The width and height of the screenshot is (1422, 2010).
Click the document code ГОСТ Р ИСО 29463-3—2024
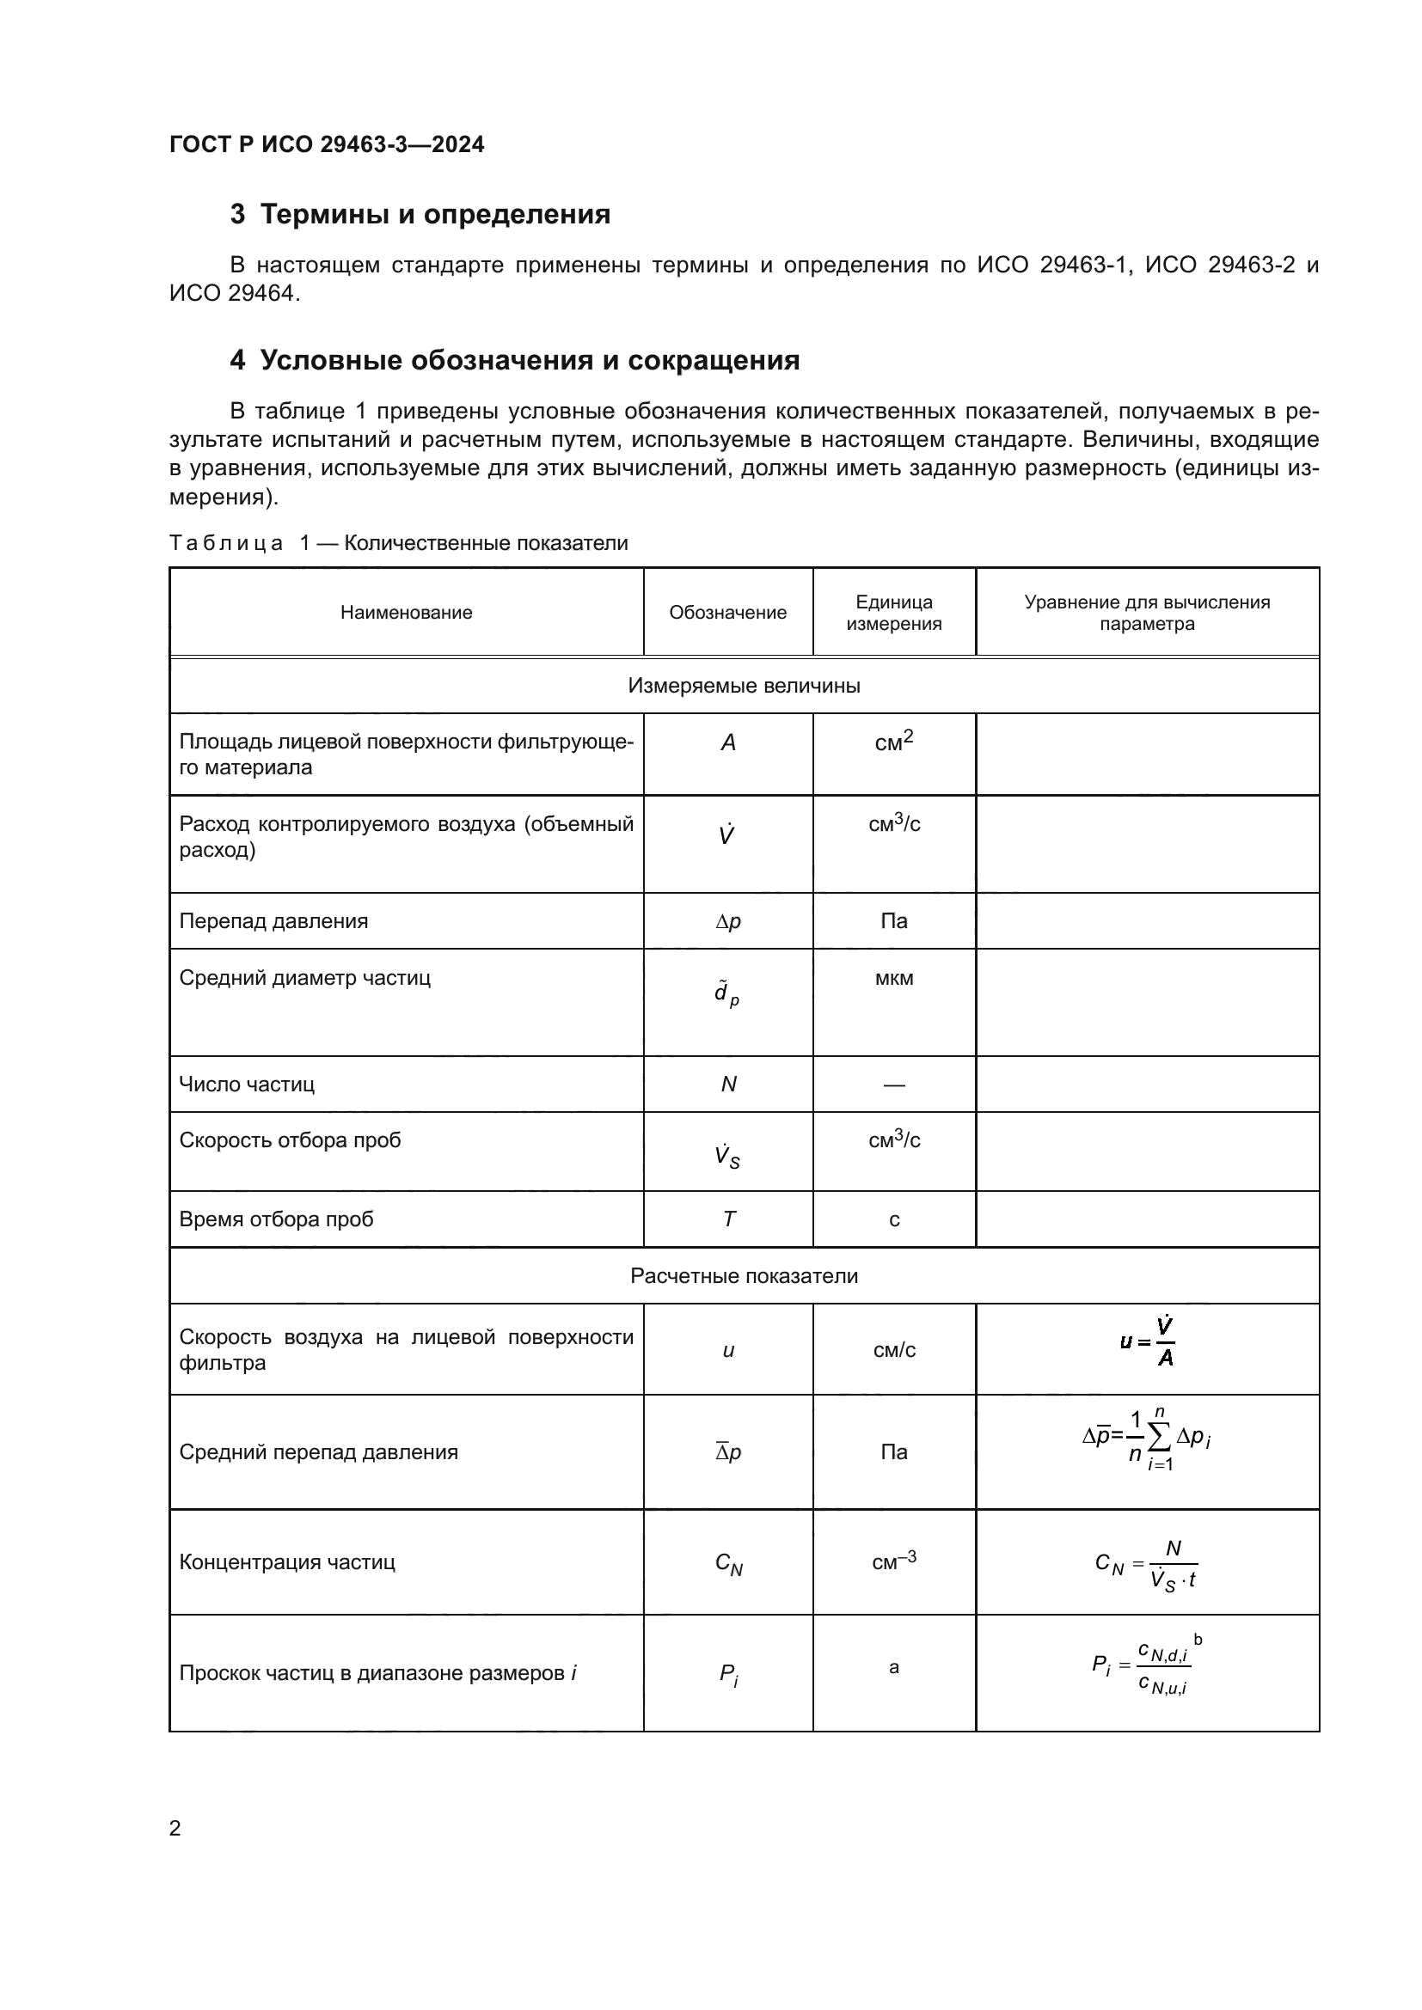(326, 144)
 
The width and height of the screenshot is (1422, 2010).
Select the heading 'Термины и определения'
(434, 215)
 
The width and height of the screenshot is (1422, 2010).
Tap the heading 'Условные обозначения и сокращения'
(529, 361)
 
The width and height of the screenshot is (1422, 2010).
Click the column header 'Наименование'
(407, 613)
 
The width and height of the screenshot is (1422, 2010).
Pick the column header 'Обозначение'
(727, 613)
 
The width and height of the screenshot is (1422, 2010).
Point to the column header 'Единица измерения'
(894, 613)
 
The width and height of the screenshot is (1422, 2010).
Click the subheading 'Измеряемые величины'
(744, 686)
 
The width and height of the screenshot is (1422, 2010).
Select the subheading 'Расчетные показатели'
(744, 1275)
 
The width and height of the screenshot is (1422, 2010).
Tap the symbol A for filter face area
(727, 743)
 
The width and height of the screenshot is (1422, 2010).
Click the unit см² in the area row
(894, 742)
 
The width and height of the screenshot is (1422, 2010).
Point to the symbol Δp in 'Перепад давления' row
(727, 921)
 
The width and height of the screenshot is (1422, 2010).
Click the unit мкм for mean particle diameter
(894, 978)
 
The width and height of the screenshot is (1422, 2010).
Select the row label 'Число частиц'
(247, 1084)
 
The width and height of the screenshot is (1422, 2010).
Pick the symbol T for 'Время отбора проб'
(728, 1219)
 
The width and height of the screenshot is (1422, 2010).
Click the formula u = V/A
(1148, 1342)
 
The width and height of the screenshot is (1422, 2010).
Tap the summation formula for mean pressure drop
(1147, 1440)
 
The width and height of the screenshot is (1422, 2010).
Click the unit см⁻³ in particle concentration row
(894, 1561)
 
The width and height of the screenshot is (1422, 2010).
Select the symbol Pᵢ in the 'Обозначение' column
(728, 1675)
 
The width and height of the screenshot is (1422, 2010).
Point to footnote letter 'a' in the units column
(894, 1667)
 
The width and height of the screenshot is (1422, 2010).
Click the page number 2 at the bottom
(175, 1828)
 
